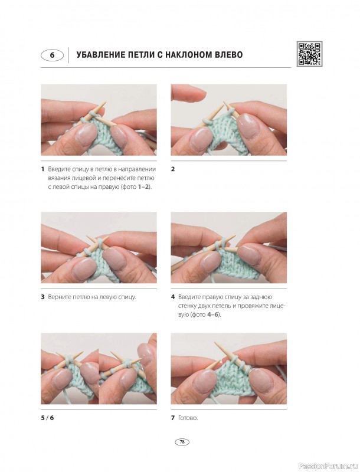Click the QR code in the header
coord(309,54)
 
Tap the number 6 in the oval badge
coord(52,55)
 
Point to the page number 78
coord(182,442)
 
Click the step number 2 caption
coord(173,169)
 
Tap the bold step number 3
coord(42,297)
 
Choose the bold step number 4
coord(173,297)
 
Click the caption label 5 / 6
coord(48,418)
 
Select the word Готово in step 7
coord(188,418)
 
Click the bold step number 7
coord(173,418)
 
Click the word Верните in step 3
coord(58,297)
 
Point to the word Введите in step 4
coord(189,297)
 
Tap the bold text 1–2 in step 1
coord(143,187)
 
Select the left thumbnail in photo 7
coord(204,381)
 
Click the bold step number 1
coord(42,169)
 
